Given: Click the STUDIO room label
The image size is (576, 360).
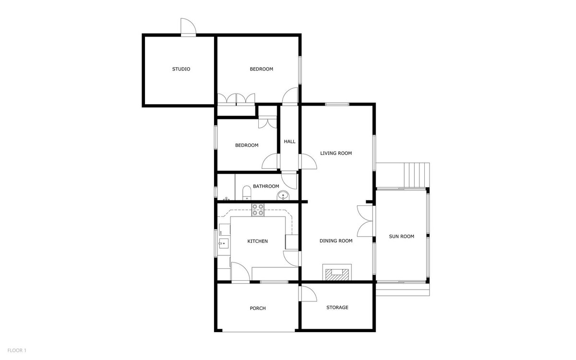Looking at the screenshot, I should tap(181, 69).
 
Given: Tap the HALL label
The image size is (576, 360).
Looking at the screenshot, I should tap(289, 142).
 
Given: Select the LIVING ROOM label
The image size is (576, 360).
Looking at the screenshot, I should tap(336, 154).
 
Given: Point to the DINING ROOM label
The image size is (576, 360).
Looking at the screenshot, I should tap(336, 241).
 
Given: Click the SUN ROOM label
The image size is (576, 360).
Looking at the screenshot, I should tap(401, 236).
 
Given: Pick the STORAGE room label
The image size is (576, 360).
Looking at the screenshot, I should tap(337, 308).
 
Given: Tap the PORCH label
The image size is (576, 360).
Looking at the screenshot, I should tap(258, 308).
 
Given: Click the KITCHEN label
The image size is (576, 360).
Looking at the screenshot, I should tap(257, 241).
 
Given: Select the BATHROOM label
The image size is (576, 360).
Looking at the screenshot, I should tap(266, 186).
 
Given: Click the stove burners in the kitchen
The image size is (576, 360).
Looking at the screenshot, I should tap(258, 210).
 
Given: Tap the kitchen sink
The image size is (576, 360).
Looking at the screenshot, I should tap(223, 244).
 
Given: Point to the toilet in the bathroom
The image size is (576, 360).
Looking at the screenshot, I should tap(246, 193).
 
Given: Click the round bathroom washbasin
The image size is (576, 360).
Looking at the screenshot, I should tap(283, 195).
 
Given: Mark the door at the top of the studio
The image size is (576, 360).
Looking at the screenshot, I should tap(188, 28).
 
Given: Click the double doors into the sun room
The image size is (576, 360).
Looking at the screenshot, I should tap(366, 220).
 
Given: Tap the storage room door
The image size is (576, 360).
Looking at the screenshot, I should tap(307, 293).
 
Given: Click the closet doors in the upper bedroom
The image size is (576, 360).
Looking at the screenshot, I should tap(236, 99).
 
